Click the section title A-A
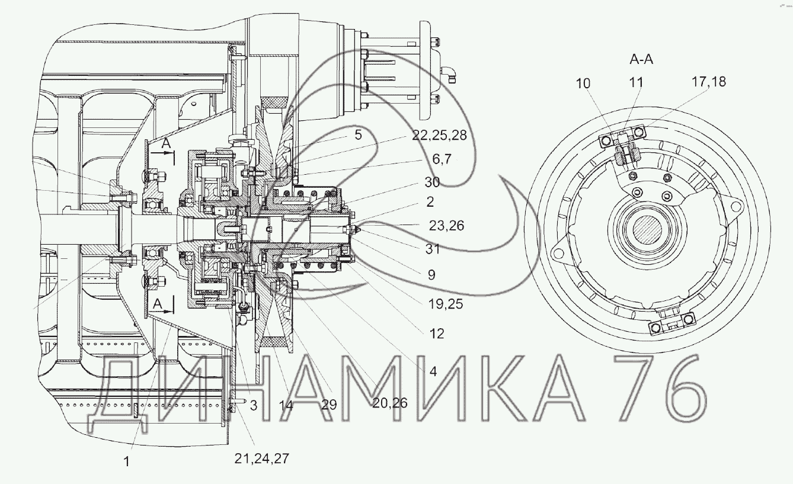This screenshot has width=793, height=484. tap(641, 59)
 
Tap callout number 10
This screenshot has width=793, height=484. tap(583, 84)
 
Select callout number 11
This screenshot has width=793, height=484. tap(636, 82)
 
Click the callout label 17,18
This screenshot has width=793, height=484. tap(708, 82)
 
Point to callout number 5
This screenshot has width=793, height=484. tap(358, 135)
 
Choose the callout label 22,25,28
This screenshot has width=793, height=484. tap(439, 135)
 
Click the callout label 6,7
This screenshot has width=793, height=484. tap(442, 159)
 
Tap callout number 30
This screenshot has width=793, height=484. tap(432, 182)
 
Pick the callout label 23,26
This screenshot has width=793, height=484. tap(446, 226)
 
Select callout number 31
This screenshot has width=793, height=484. tap(432, 249)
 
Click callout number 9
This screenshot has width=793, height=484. tap(431, 275)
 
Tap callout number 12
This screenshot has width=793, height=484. tap(436, 334)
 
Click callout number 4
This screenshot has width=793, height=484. tap(433, 371)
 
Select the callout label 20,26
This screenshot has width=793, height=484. tap(390, 403)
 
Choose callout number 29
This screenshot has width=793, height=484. tap(329, 405)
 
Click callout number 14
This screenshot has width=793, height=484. tap(286, 405)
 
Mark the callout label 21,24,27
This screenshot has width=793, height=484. tap(261, 459)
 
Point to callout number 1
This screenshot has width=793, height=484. tap(126, 461)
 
